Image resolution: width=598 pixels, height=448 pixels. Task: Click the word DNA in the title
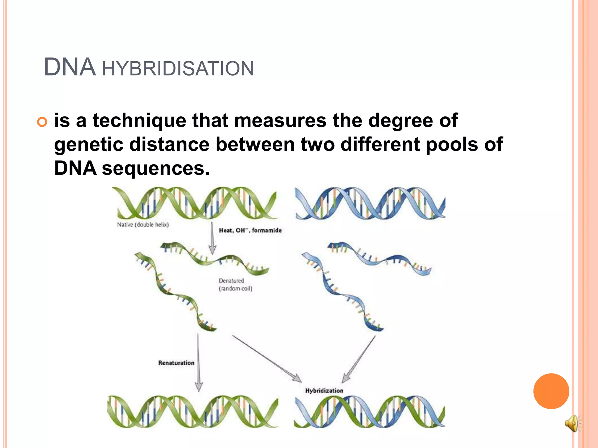click(x=69, y=67)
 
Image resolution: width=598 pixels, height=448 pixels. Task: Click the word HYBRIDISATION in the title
click(x=178, y=69)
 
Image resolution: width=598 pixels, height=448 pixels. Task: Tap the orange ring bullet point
click(x=42, y=122)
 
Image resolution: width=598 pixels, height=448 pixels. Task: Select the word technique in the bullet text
click(x=139, y=120)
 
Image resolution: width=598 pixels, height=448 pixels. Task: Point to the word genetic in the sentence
click(x=88, y=144)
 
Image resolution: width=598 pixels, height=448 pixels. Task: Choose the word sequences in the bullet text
click(x=156, y=168)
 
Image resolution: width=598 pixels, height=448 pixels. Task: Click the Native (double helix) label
click(x=143, y=225)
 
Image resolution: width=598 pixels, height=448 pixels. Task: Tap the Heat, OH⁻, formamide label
click(x=250, y=230)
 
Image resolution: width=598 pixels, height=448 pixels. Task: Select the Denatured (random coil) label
click(x=235, y=284)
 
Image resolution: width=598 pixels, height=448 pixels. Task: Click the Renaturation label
click(x=176, y=363)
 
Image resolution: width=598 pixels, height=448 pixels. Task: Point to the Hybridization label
click(x=324, y=391)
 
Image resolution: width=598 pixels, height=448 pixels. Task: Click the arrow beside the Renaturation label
click(x=199, y=362)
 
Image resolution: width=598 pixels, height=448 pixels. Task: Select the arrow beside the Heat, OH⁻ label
click(x=213, y=238)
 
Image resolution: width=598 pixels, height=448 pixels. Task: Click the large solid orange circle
click(x=551, y=391)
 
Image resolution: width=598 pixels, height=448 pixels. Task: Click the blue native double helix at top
click(x=370, y=203)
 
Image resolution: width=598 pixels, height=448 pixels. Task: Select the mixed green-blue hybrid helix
click(x=369, y=412)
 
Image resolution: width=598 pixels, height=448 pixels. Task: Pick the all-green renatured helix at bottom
click(x=193, y=412)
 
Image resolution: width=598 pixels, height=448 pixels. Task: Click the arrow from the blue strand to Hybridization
click(x=359, y=359)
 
